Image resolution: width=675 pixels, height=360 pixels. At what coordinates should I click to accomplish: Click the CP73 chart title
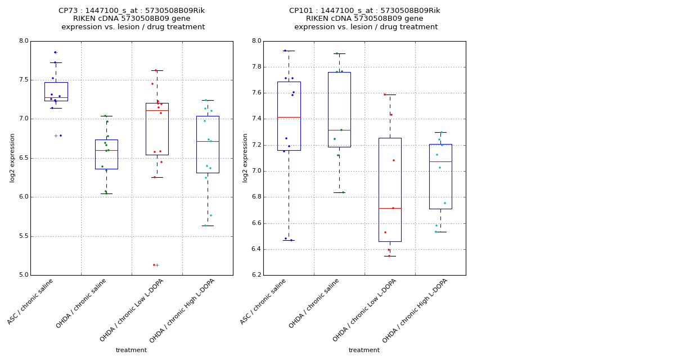pyautogui.click(x=132, y=19)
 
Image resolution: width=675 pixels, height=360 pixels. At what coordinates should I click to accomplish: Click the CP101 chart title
pyautogui.click(x=364, y=19)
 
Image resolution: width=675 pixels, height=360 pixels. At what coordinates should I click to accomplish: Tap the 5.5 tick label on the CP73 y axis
pyautogui.click(x=22, y=236)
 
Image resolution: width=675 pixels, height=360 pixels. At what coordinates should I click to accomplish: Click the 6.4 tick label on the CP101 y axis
pyautogui.click(x=255, y=249)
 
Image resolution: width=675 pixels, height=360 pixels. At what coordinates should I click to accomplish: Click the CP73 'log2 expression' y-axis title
pyautogui.click(x=12, y=157)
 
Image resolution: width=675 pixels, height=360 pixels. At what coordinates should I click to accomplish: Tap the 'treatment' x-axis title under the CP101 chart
pyautogui.click(x=364, y=350)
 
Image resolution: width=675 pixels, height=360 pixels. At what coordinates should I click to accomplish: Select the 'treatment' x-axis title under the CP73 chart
pyautogui.click(x=131, y=350)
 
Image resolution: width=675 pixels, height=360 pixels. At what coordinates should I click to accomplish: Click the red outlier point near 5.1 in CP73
pyautogui.click(x=154, y=265)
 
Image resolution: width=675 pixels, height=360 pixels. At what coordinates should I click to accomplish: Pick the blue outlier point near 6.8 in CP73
pyautogui.click(x=60, y=136)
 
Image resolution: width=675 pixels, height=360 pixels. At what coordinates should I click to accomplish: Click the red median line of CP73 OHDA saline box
pyautogui.click(x=106, y=150)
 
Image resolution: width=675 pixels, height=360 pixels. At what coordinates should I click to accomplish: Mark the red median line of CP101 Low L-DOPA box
pyautogui.click(x=390, y=208)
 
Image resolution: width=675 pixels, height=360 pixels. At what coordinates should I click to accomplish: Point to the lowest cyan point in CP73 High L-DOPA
pyautogui.click(x=205, y=226)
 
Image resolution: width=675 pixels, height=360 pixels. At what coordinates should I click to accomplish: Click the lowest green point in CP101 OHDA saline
pyautogui.click(x=343, y=192)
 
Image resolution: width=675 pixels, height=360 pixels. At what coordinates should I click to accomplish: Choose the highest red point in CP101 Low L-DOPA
pyautogui.click(x=385, y=94)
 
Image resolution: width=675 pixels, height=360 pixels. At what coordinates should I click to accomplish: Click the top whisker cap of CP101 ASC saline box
pyautogui.click(x=289, y=51)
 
